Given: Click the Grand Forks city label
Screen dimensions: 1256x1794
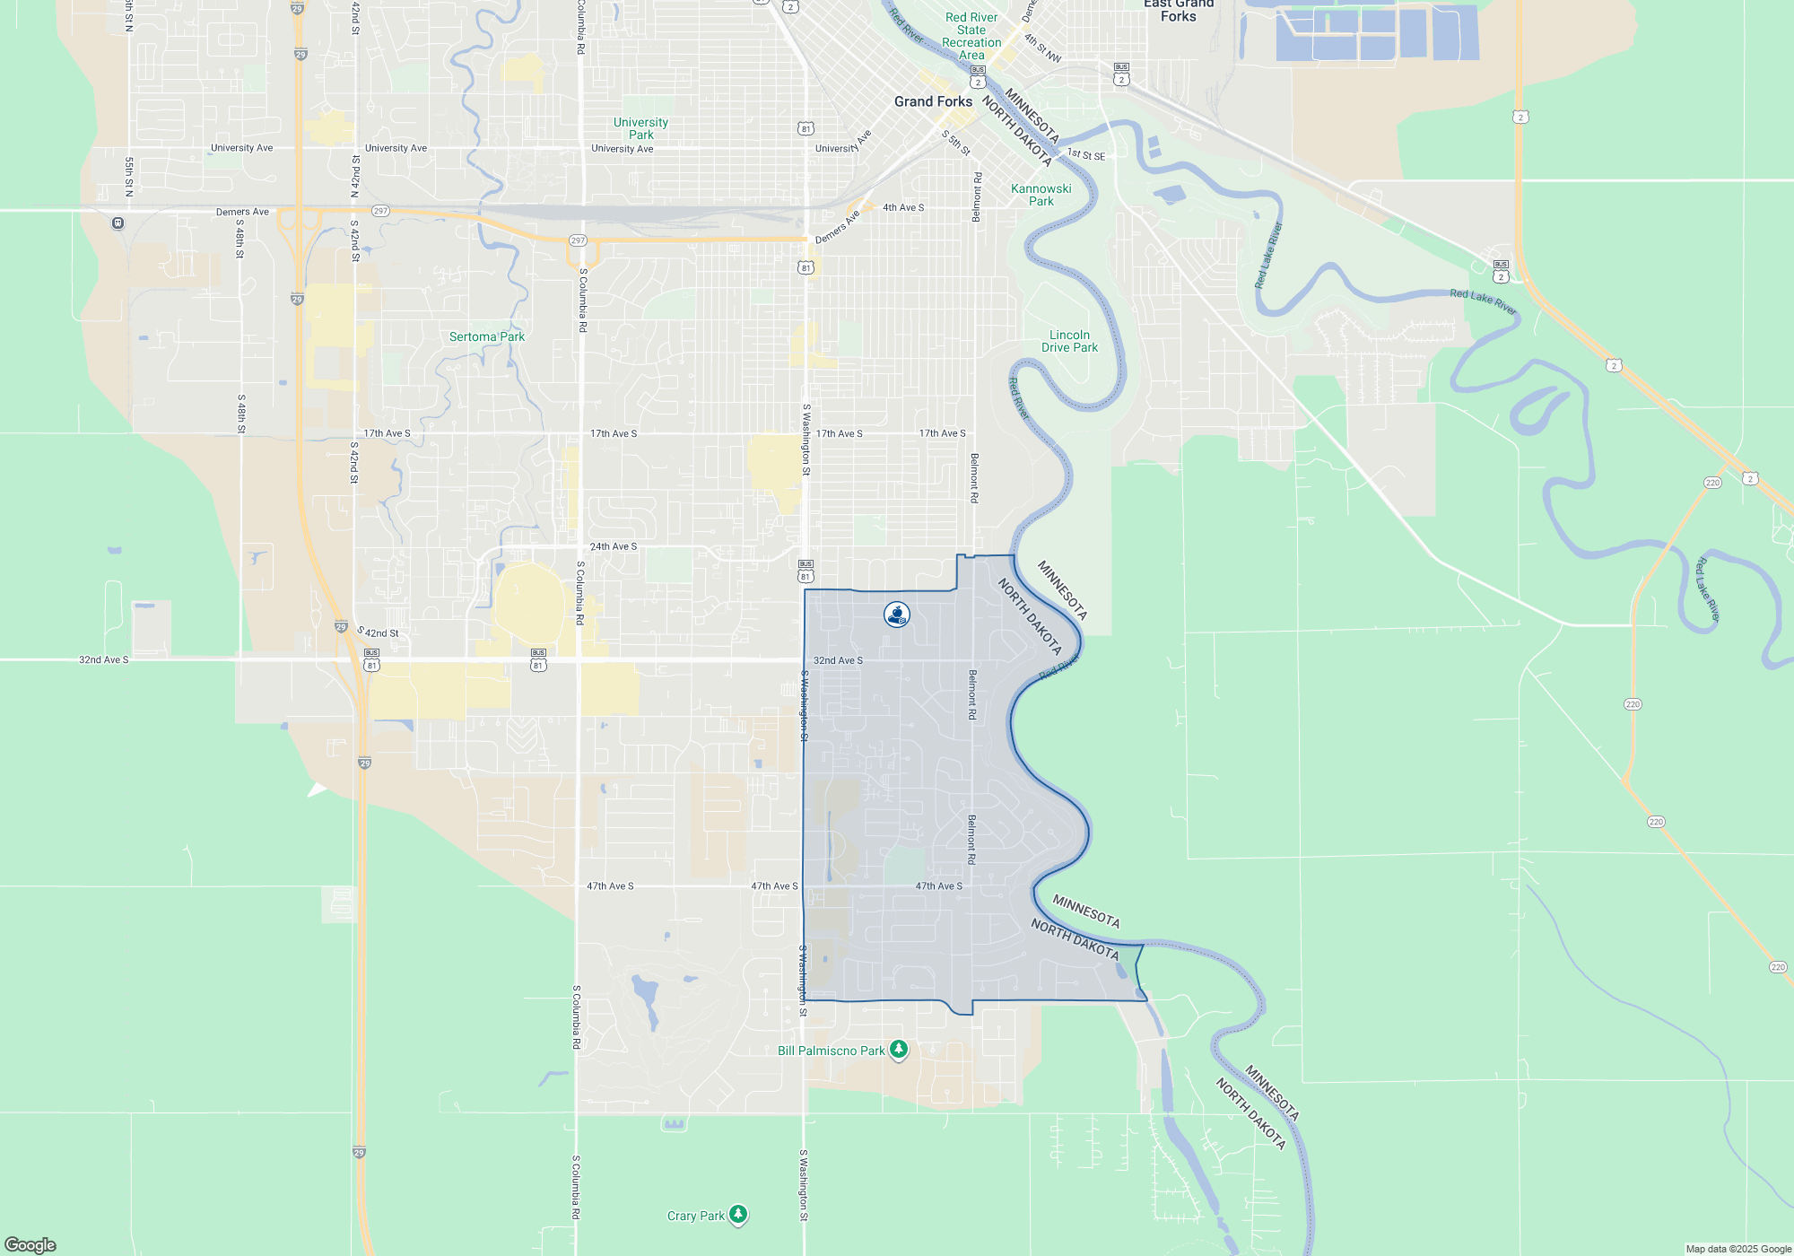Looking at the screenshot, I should point(933,101).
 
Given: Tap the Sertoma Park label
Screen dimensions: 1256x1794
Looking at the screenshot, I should point(486,336).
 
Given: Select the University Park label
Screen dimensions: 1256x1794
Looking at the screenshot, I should point(640,128).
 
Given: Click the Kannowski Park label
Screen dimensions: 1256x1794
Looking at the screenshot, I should point(1041,195).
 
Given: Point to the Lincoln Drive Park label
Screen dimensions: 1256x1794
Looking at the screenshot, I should point(1069,341).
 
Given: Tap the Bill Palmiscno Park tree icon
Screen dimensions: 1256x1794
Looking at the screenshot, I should point(898,1050).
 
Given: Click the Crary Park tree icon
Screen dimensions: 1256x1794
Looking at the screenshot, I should point(737,1215).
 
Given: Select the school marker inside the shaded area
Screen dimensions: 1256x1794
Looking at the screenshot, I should point(896,615).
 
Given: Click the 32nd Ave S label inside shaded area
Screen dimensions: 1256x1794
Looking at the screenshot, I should point(838,660).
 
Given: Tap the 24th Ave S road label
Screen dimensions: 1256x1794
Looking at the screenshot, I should point(614,546).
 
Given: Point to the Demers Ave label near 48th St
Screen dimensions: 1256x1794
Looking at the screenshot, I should point(242,212).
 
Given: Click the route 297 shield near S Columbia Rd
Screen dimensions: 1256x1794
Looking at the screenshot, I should point(578,240).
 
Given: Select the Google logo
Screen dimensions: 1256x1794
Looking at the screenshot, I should point(30,1244).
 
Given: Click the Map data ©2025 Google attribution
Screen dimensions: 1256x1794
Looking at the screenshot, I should point(1737,1249).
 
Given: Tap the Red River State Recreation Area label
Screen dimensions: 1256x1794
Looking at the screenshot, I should point(971,36).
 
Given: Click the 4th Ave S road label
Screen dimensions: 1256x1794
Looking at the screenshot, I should point(903,207).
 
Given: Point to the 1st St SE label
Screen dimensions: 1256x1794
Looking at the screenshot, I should point(1086,154).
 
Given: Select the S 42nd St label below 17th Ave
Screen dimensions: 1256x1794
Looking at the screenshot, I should point(354,462).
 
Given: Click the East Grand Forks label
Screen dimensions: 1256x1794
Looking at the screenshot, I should point(1179,10).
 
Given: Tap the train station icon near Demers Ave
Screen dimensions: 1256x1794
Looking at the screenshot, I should point(118,222).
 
